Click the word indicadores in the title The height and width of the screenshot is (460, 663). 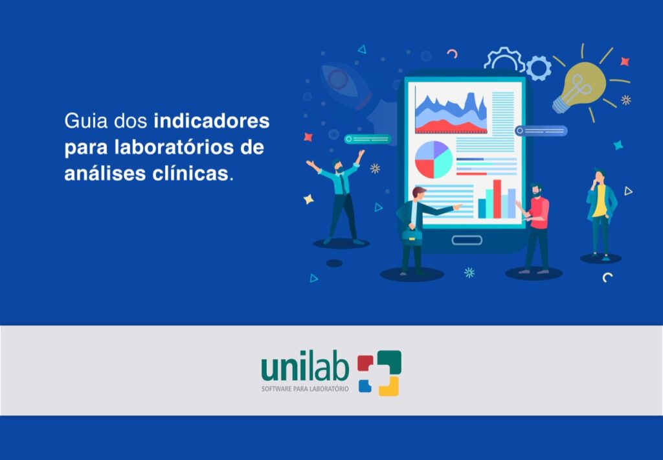(212, 121)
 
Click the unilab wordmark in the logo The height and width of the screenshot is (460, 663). (305, 368)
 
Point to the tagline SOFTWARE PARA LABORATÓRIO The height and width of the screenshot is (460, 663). (305, 389)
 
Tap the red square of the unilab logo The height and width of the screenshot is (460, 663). (365, 363)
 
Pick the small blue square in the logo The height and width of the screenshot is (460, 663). (365, 385)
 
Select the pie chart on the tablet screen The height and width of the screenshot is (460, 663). (433, 159)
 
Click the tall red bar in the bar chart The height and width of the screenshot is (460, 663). (497, 199)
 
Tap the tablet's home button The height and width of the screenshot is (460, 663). (467, 240)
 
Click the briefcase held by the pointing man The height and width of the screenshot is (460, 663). (412, 237)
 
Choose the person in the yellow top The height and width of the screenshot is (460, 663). (601, 214)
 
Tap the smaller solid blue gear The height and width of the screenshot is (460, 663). (538, 68)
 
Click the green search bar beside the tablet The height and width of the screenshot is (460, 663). (368, 139)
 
